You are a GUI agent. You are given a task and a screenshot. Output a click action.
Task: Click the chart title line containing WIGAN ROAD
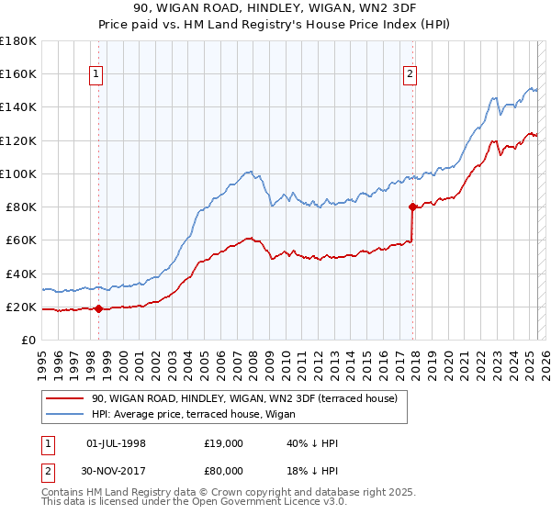(x=275, y=9)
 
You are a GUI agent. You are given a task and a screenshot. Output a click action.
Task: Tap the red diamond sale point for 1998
(x=98, y=308)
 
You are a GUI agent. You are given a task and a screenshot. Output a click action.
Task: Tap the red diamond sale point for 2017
(x=413, y=207)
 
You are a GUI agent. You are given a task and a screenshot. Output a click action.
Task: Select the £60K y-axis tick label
(x=21, y=240)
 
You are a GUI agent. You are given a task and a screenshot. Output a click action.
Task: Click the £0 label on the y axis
(x=29, y=340)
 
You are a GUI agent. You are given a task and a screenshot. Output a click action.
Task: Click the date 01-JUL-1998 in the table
(x=116, y=443)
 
